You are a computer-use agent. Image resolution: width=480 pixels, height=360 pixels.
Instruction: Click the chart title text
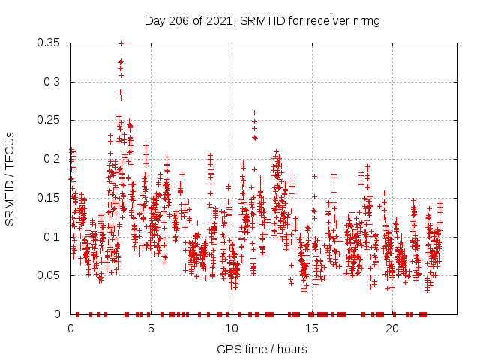pyautogui.click(x=262, y=21)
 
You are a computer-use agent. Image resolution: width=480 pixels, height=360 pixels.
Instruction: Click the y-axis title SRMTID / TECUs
pyautogui.click(x=10, y=178)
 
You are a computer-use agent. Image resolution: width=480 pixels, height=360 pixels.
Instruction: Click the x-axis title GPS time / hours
pyautogui.click(x=262, y=349)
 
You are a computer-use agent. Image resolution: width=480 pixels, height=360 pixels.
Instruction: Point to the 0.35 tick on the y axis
pyautogui.click(x=51, y=43)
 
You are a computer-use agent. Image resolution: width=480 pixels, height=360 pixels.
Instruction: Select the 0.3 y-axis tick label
pyautogui.click(x=54, y=82)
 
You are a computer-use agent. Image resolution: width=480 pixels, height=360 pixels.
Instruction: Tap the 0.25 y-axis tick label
pyautogui.click(x=51, y=120)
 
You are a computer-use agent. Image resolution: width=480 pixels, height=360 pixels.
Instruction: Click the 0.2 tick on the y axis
pyautogui.click(x=54, y=159)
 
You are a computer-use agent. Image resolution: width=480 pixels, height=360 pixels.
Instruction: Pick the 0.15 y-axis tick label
pyautogui.click(x=51, y=198)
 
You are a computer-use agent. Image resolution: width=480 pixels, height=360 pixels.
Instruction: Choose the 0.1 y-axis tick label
pyautogui.click(x=54, y=236)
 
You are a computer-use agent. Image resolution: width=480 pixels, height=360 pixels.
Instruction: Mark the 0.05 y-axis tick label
pyautogui.click(x=51, y=275)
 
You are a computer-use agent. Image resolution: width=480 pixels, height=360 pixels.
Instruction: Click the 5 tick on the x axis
pyautogui.click(x=151, y=328)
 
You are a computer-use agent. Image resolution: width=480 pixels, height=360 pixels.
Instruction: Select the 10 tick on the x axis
pyautogui.click(x=231, y=328)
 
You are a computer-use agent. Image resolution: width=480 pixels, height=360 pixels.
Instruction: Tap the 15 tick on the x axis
pyautogui.click(x=311, y=328)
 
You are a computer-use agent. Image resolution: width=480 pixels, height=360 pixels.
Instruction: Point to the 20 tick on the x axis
pyautogui.click(x=391, y=328)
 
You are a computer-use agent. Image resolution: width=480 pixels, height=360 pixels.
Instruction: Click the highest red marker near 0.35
pyautogui.click(x=121, y=43)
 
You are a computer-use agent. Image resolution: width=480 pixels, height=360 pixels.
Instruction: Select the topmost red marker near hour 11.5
pyautogui.click(x=254, y=112)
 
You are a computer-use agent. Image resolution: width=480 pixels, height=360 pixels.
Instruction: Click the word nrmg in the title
pyautogui.click(x=367, y=21)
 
